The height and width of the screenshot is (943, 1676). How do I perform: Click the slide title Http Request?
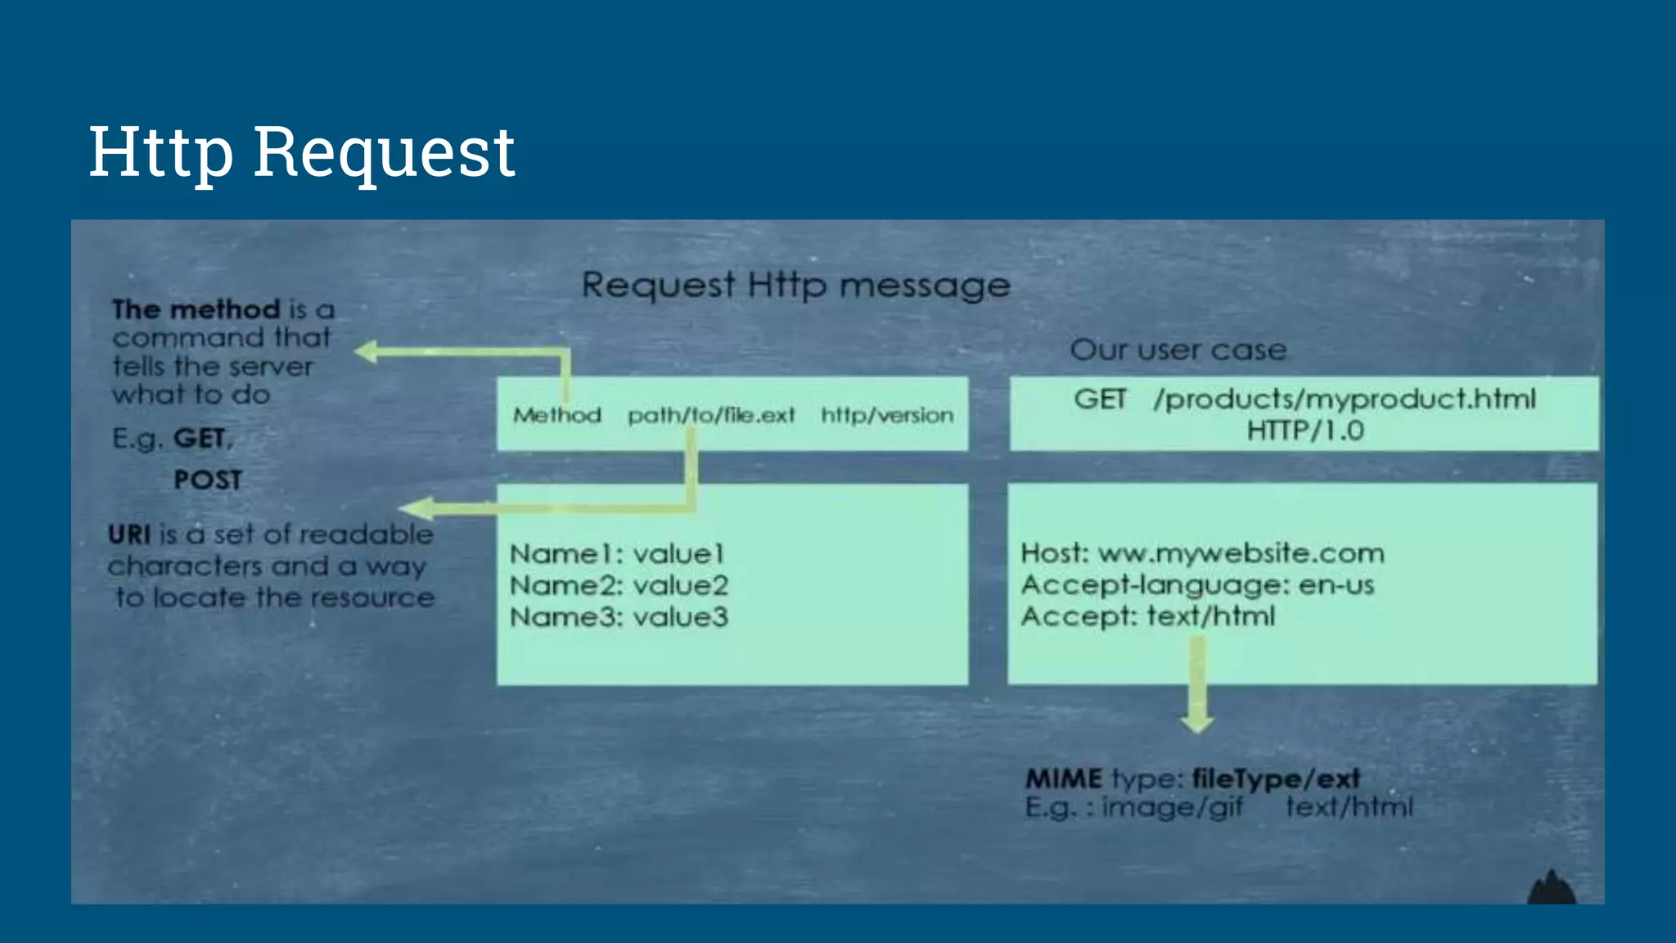[x=301, y=152]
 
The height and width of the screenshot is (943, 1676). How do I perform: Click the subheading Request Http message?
[x=795, y=286]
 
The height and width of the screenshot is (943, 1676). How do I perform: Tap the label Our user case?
[x=1178, y=350]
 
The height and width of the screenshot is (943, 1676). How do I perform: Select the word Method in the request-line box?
[x=556, y=416]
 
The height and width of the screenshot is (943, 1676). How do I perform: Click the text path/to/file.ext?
[x=711, y=416]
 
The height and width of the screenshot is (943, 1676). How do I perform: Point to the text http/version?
[x=887, y=416]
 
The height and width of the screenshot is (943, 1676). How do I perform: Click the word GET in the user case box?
[x=1099, y=399]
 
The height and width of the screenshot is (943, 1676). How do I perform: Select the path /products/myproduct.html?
[x=1345, y=399]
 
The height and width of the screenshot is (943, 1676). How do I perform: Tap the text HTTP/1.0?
[x=1304, y=431]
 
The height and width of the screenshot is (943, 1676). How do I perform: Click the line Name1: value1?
[x=617, y=554]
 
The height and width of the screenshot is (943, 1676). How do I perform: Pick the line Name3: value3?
[x=619, y=617]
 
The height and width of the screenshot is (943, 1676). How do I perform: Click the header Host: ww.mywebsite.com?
[x=1202, y=553]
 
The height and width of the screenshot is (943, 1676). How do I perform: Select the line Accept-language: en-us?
[x=1197, y=585]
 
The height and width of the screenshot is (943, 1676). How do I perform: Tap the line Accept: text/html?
[x=1147, y=616]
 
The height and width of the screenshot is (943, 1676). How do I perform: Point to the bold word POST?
[x=208, y=480]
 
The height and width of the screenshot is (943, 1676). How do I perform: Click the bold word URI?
[x=129, y=535]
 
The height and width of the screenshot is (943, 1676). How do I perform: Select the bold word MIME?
[x=1064, y=778]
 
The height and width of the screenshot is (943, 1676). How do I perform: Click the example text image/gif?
[x=1172, y=808]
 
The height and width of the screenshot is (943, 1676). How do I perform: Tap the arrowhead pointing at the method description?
[x=366, y=352]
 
